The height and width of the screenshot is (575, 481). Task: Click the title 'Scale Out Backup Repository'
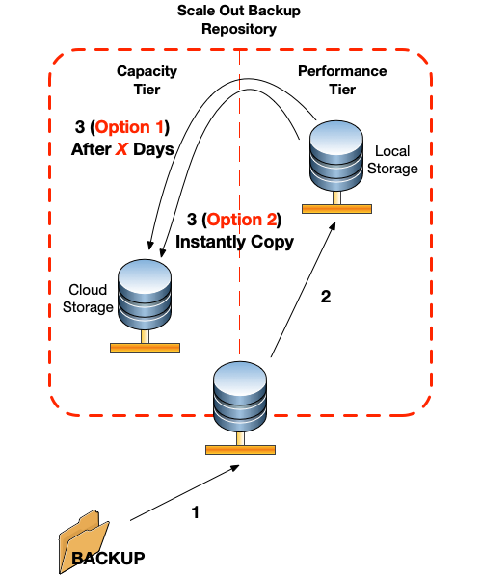tap(239, 19)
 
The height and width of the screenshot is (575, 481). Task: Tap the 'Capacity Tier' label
tap(147, 80)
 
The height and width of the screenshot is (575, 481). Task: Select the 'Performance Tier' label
tap(342, 80)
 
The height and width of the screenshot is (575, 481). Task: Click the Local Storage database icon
tap(336, 167)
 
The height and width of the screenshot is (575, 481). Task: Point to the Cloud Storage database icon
tap(145, 305)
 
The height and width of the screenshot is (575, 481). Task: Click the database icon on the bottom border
tap(240, 407)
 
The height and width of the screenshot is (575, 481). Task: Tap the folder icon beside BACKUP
tap(84, 541)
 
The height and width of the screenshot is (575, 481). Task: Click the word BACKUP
tap(109, 559)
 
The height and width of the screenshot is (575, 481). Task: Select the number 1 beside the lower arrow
tap(196, 512)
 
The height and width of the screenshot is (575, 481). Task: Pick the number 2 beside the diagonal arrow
tap(326, 297)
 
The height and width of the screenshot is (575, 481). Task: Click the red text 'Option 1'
tap(129, 127)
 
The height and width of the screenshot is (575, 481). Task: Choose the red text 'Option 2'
tap(241, 220)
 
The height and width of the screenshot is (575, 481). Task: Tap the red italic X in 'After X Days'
tap(121, 149)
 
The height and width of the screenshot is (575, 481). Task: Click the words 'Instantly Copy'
tap(235, 242)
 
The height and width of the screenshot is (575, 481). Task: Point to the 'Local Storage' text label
tap(392, 160)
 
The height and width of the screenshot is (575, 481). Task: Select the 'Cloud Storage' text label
tap(88, 299)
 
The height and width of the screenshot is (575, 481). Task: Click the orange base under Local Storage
tap(336, 209)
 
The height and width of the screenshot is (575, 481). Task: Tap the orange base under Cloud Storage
tap(145, 348)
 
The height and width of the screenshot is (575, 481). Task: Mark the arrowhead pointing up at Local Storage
tap(333, 226)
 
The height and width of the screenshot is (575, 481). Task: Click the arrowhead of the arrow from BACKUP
tap(234, 468)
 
